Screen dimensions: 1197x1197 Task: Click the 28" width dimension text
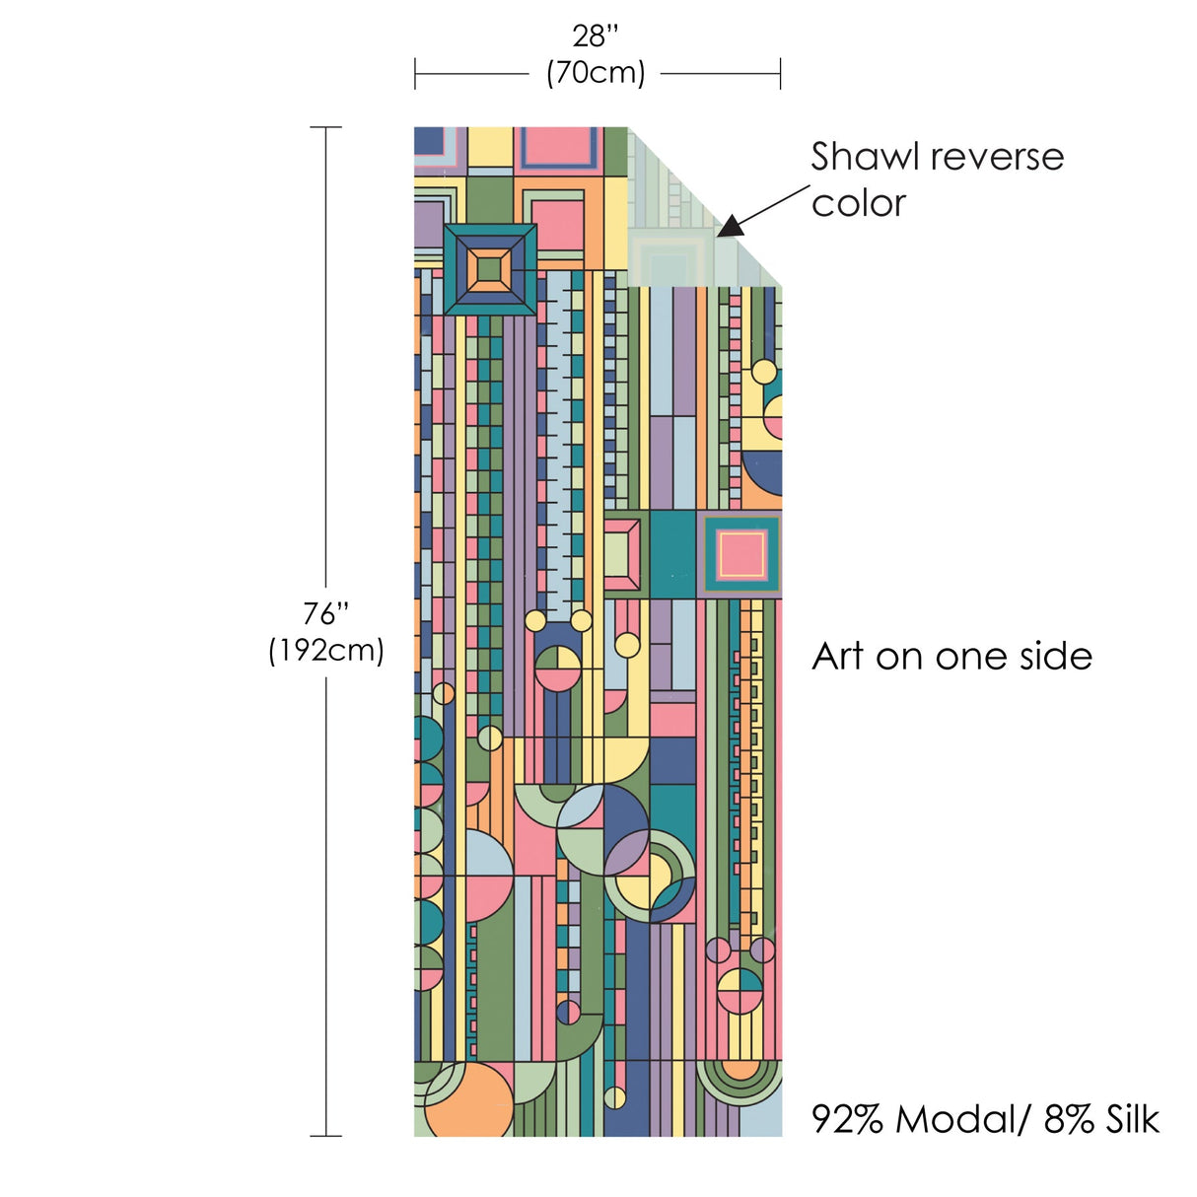(596, 36)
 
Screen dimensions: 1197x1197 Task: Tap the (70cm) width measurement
(596, 73)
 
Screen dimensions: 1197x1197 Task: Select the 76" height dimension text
(325, 613)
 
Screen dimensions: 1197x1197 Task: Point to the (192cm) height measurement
(325, 650)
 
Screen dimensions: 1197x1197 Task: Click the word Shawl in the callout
(865, 157)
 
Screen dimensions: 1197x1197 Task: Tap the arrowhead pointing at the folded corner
(728, 228)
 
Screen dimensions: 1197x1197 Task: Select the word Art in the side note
(837, 657)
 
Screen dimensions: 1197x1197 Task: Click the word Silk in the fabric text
(1131, 1120)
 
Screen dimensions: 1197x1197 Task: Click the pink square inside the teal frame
(740, 553)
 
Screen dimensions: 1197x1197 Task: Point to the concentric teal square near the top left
(490, 269)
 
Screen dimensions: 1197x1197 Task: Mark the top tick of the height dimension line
(325, 127)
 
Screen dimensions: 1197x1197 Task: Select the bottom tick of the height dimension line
(325, 1136)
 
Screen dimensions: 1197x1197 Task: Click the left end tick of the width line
(415, 73)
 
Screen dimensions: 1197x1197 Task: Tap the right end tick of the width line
(780, 73)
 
